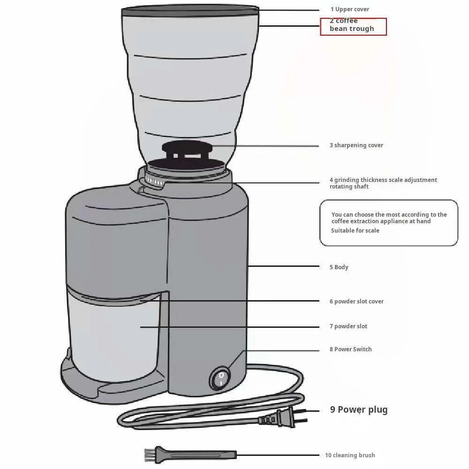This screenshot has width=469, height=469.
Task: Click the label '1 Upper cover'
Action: pos(350,9)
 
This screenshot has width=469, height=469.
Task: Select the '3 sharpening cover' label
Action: pos(356,145)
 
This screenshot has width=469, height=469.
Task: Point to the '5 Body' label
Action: pos(339,267)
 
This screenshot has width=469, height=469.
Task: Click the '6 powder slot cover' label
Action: pos(356,302)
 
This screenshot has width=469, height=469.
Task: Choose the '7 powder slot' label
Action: pos(348,326)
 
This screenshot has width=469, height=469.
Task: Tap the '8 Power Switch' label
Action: pos(350,349)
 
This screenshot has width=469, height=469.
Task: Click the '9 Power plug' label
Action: pos(359,410)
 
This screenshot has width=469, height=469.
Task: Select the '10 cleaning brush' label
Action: pos(350,455)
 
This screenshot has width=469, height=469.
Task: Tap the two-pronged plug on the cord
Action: pos(283,417)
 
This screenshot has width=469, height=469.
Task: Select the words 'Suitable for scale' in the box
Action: pos(355,231)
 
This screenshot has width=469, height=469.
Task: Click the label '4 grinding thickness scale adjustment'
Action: pos(383,180)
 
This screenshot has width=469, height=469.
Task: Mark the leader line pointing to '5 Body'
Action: pos(284,266)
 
